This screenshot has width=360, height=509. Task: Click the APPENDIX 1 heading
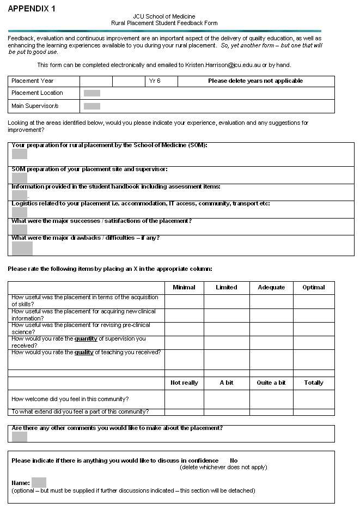pyautogui.click(x=32, y=9)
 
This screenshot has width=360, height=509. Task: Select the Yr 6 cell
pyautogui.click(x=155, y=81)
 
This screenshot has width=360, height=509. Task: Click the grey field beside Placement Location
pyautogui.click(x=92, y=93)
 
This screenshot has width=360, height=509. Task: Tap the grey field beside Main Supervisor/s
pyautogui.click(x=92, y=106)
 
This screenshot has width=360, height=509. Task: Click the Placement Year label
pyautogui.click(x=33, y=81)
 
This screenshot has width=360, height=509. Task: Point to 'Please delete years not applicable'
pyautogui.click(x=255, y=81)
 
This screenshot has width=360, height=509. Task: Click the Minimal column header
pyautogui.click(x=184, y=287)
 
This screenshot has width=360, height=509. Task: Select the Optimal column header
pyautogui.click(x=314, y=287)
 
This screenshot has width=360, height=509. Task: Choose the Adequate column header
pyautogui.click(x=271, y=287)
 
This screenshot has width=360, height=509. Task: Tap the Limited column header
pyautogui.click(x=227, y=287)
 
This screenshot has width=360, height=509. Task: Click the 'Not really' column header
pyautogui.click(x=184, y=383)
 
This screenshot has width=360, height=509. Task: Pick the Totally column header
pyautogui.click(x=314, y=383)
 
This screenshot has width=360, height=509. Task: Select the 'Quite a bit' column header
pyautogui.click(x=271, y=383)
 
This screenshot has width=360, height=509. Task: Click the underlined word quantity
pyautogui.click(x=86, y=339)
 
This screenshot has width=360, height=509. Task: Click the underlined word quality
pyautogui.click(x=84, y=353)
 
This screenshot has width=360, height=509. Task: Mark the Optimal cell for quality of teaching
pyautogui.click(x=314, y=359)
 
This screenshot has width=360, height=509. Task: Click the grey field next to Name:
pyautogui.click(x=39, y=482)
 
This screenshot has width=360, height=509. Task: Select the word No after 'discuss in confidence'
pyautogui.click(x=234, y=460)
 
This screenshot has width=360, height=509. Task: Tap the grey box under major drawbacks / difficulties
pyautogui.click(x=22, y=249)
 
